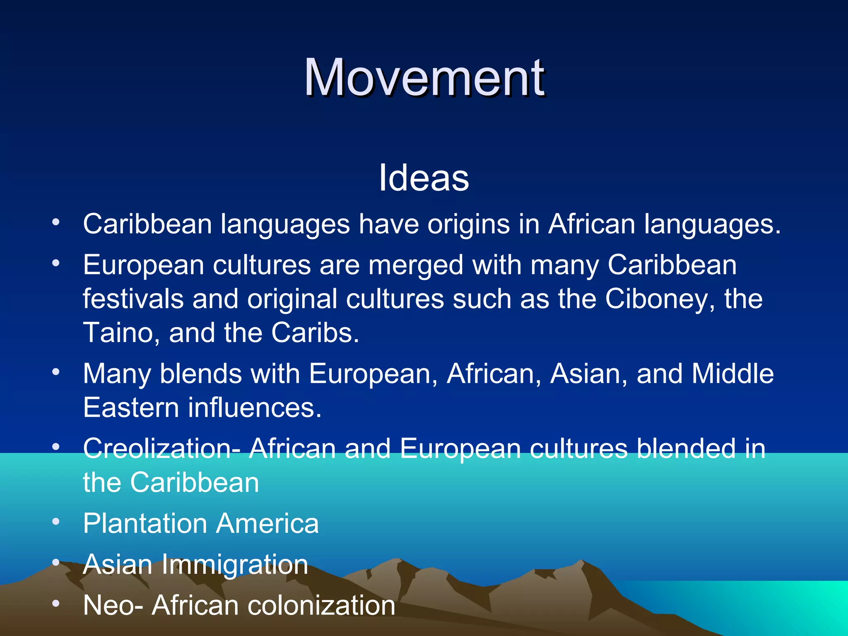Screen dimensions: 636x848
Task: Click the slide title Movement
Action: tap(424, 78)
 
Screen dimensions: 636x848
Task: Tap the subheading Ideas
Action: tap(424, 178)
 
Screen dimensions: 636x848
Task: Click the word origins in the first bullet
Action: tap(468, 225)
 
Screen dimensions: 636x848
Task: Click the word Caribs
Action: tap(315, 333)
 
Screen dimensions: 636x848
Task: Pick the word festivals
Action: tap(133, 299)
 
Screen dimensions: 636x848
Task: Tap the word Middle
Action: tap(732, 374)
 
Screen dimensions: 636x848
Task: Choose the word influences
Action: tap(255, 408)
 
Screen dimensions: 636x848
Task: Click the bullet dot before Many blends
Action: tap(56, 372)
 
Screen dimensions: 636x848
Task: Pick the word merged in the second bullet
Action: tap(416, 266)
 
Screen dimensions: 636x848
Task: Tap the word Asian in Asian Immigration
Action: tap(118, 565)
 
